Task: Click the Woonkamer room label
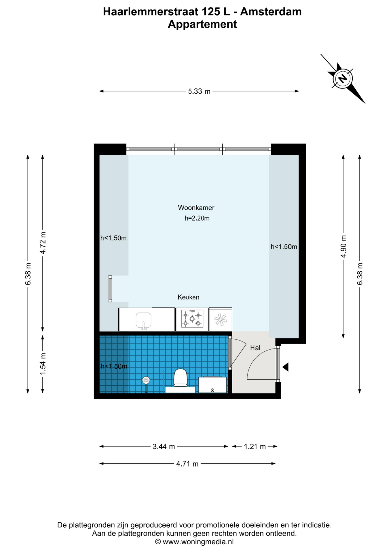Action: (196, 208)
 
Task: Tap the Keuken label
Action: (188, 297)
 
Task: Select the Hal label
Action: (255, 348)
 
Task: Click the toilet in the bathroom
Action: (181, 378)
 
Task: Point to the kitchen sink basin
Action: (143, 320)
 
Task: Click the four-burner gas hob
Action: (192, 319)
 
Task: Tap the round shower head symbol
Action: (146, 380)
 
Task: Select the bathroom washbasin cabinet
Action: (212, 385)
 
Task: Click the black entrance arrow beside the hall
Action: (285, 367)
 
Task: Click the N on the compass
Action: (343, 78)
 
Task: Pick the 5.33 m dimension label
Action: (199, 92)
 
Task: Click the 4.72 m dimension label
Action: (43, 243)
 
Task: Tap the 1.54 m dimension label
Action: (43, 364)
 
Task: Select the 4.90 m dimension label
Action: (343, 247)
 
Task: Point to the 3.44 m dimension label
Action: (164, 447)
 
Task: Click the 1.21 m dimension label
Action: (255, 447)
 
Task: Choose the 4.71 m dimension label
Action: (187, 464)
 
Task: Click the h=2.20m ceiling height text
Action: (197, 218)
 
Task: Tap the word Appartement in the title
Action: (202, 24)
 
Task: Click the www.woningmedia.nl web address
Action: (198, 542)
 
